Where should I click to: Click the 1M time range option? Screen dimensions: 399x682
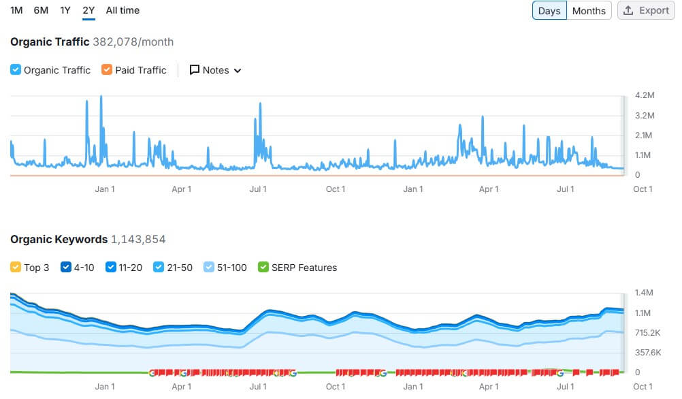click(16, 10)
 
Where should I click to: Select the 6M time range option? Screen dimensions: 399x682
click(41, 10)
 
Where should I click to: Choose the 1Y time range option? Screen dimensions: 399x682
click(65, 10)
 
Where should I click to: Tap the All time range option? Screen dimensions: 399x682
click(123, 10)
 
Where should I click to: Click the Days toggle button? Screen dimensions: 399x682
click(549, 11)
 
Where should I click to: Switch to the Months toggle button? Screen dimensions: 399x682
click(589, 11)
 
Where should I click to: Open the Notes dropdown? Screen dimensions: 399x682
click(215, 70)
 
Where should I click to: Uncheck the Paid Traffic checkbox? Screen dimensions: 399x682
click(106, 70)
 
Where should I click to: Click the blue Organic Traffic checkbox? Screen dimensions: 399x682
click(16, 70)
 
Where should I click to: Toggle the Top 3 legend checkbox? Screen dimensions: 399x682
click(16, 268)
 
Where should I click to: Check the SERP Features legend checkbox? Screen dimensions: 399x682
click(263, 268)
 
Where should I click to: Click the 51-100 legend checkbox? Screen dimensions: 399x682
click(209, 268)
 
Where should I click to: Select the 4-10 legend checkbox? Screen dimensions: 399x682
click(66, 268)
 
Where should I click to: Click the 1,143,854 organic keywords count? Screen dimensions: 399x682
click(138, 240)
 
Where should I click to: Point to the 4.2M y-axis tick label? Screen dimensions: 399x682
click(644, 95)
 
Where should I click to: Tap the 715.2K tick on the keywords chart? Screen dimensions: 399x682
click(647, 333)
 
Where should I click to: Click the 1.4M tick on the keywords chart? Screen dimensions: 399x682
click(644, 293)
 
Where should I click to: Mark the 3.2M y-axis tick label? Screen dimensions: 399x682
click(644, 116)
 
